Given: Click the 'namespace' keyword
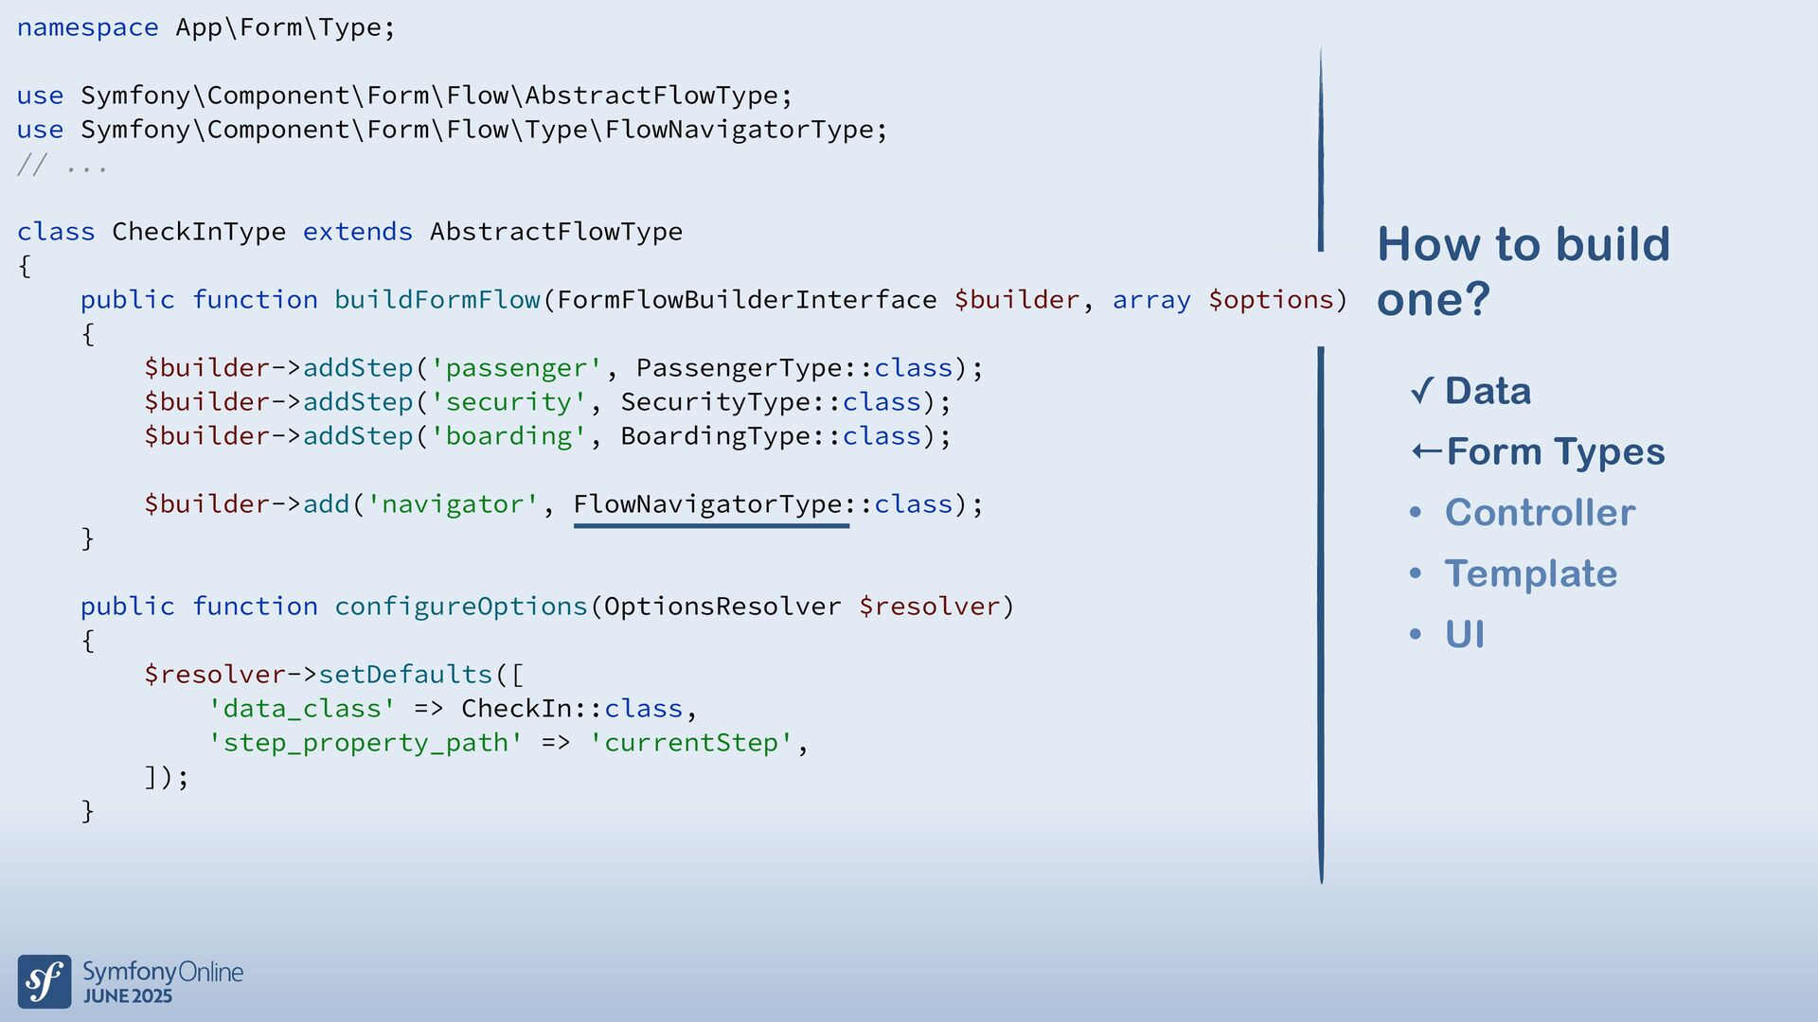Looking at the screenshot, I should [x=87, y=27].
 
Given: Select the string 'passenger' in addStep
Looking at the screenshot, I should [x=516, y=368].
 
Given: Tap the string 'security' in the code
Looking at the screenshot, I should [x=508, y=402].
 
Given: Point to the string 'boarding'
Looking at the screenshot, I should [x=508, y=436].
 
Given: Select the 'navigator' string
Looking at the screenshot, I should [x=453, y=504].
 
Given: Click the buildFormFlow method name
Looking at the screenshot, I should [x=437, y=300].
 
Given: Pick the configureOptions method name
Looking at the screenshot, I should [x=461, y=607].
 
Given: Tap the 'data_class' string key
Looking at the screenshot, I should [x=302, y=709].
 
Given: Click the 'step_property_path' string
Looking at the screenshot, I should [x=365, y=743].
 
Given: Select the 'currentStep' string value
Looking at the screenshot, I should [x=691, y=743].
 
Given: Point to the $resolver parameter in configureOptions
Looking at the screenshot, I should [x=929, y=607].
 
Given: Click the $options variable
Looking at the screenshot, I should [x=1270, y=300].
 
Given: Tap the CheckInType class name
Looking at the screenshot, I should [x=199, y=232].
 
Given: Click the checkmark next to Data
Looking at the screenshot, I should [x=1421, y=390].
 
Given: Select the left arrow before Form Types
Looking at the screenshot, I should [x=1426, y=451].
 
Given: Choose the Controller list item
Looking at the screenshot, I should [x=1540, y=513].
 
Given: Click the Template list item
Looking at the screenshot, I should [x=1530, y=573].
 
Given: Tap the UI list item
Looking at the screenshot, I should [x=1464, y=634].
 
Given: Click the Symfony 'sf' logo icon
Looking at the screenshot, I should [x=45, y=981].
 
